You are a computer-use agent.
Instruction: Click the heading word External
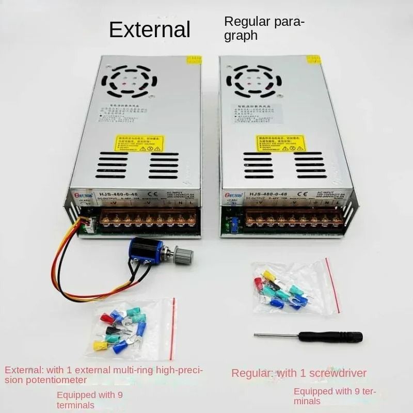150,29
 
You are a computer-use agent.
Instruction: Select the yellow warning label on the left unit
132,144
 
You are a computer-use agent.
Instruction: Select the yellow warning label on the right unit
280,143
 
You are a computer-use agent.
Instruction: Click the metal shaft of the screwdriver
279,336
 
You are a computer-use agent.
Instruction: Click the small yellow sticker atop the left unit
194,60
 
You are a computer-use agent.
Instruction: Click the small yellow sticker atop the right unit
313,59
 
